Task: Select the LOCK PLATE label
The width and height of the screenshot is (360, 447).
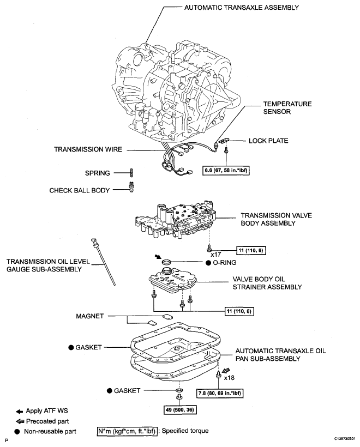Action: point(268,141)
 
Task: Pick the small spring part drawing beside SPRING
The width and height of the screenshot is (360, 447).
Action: point(132,173)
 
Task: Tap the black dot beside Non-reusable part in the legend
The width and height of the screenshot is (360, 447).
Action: point(18,431)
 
